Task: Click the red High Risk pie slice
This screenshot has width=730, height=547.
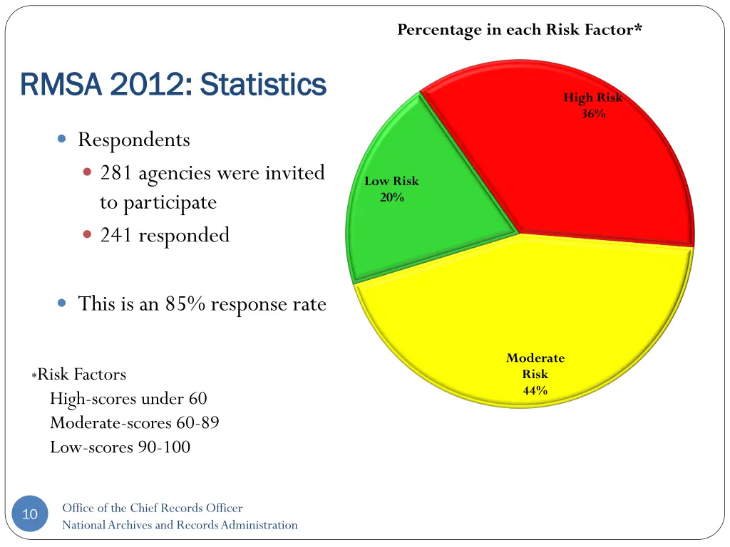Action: tap(570, 171)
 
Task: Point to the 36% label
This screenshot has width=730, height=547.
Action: tap(593, 113)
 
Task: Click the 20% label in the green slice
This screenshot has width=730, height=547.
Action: tap(391, 197)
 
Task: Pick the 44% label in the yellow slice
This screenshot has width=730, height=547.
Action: tap(535, 390)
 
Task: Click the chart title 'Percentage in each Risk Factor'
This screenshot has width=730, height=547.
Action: tap(520, 30)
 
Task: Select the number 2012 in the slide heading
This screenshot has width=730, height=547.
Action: tap(148, 85)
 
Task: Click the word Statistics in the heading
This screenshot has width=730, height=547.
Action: tap(263, 85)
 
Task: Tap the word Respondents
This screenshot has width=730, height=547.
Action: tap(134, 140)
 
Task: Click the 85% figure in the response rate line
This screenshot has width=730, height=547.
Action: tap(185, 304)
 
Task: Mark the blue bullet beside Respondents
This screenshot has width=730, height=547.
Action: tap(62, 140)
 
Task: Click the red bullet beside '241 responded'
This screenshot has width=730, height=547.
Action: tap(87, 234)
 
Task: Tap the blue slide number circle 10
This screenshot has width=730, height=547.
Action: tap(30, 514)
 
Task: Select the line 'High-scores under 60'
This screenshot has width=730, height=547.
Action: tap(128, 399)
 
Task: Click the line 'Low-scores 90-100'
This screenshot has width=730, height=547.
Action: tap(120, 447)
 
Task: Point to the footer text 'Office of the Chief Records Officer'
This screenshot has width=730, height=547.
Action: tap(152, 508)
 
